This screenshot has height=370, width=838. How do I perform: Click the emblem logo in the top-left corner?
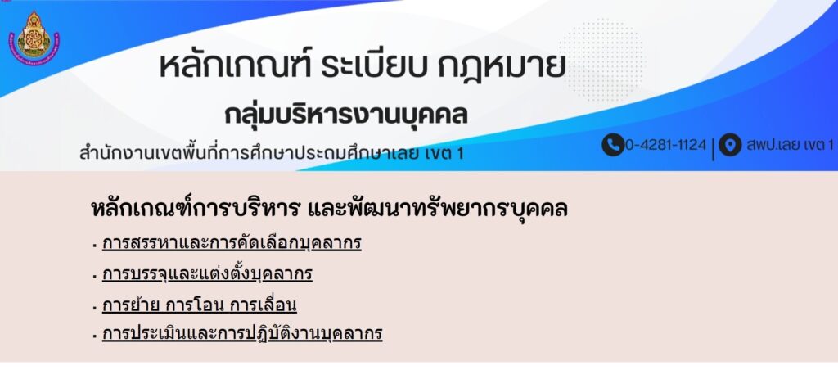tap(34, 38)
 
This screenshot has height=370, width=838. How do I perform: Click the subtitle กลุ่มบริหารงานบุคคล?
tap(346, 115)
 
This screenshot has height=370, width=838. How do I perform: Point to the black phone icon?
tap(612, 145)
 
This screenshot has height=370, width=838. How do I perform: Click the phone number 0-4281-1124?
tap(666, 145)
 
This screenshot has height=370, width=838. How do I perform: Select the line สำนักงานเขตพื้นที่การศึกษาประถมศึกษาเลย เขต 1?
tap(272, 153)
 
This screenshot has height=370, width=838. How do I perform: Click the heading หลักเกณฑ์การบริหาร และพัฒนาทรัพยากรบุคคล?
tap(329, 209)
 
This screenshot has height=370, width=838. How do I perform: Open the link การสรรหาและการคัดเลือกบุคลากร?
tap(232, 243)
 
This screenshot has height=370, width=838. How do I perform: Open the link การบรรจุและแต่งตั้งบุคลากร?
tap(207, 274)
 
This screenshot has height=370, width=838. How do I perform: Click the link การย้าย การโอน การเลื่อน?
tap(199, 305)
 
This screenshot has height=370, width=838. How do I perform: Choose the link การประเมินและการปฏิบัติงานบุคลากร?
tap(242, 334)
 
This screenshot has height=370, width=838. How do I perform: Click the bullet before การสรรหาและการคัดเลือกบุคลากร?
tap(94, 246)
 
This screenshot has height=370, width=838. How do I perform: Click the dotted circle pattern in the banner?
tap(601, 60)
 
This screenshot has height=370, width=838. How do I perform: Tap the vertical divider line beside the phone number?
tap(713, 148)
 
